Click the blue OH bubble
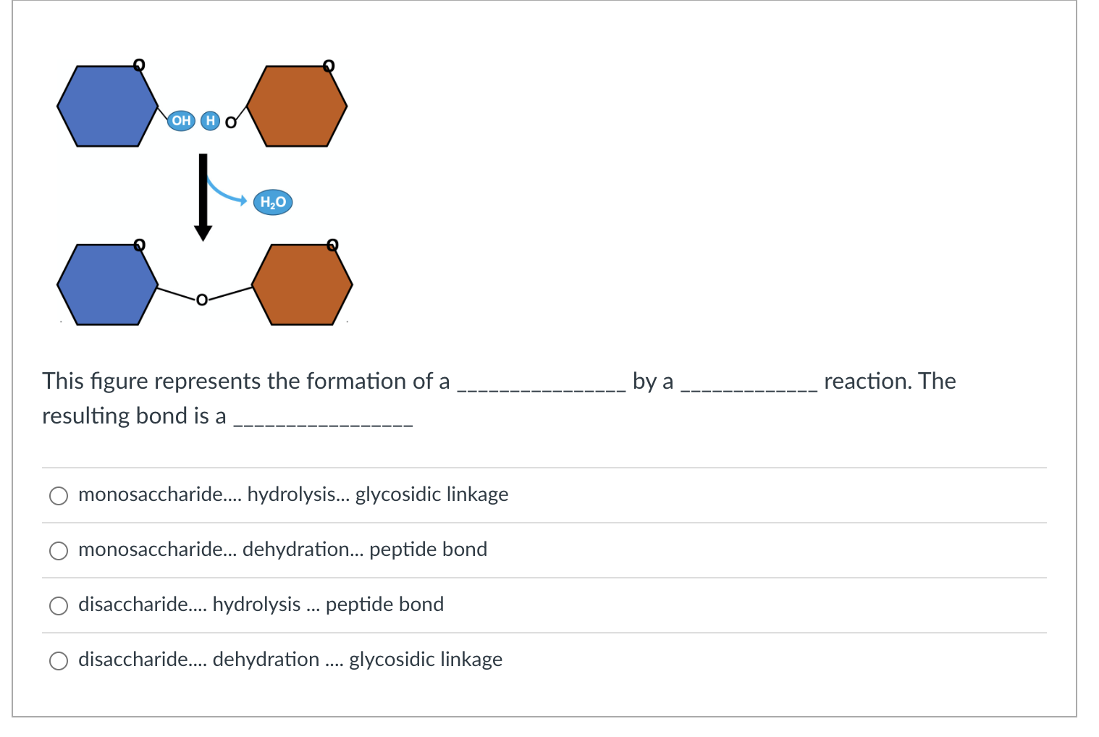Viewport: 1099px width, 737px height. (x=181, y=120)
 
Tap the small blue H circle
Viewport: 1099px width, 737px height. (x=211, y=120)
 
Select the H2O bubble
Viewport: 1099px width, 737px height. (x=273, y=202)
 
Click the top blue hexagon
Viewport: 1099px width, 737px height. (x=107, y=106)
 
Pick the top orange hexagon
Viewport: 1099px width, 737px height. (x=297, y=106)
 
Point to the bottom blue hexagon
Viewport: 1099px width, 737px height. (x=107, y=285)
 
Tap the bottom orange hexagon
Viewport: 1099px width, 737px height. (x=302, y=285)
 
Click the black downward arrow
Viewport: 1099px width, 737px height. (x=203, y=196)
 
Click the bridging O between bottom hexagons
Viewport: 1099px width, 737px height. (x=202, y=300)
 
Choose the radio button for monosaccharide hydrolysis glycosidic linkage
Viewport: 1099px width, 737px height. (x=59, y=495)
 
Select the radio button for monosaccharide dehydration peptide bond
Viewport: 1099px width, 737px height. (x=59, y=550)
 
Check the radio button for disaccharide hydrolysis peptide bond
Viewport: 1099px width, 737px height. (x=59, y=605)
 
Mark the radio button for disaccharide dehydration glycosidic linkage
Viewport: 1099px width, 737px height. (x=59, y=660)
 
